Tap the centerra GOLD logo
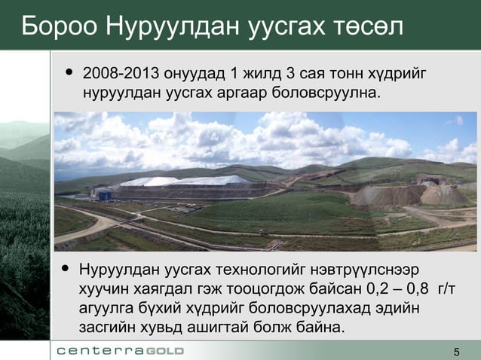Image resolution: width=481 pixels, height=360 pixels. (120, 352)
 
